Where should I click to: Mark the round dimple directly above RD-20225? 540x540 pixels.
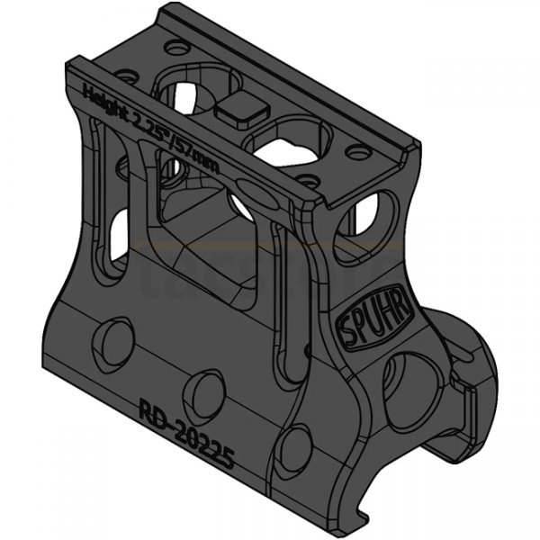(x=206, y=392)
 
